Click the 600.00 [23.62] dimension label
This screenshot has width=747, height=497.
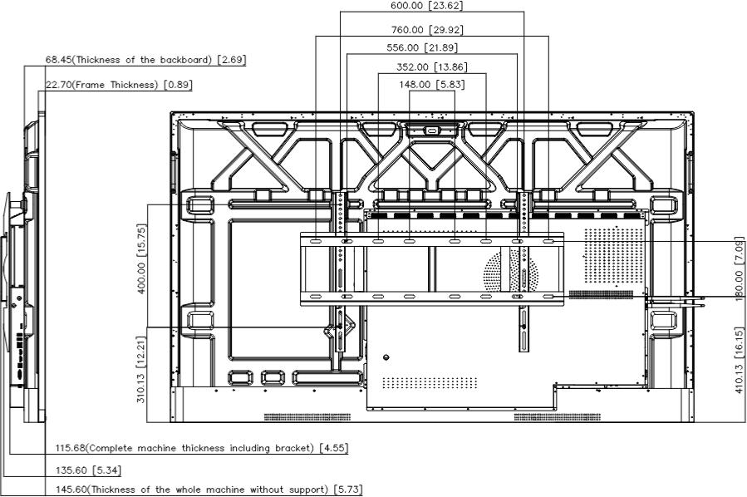tap(426, 6)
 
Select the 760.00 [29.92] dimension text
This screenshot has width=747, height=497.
tap(427, 30)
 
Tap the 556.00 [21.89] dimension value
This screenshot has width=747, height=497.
tap(422, 47)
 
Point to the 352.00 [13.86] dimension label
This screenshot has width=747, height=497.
tap(431, 66)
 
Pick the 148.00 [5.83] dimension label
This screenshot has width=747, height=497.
tap(431, 84)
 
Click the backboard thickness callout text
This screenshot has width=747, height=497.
tap(145, 60)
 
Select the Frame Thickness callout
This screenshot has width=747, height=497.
tap(119, 85)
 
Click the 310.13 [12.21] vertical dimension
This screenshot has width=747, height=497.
tap(141, 370)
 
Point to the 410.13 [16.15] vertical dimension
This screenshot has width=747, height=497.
tap(739, 360)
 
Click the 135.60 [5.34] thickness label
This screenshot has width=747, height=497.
tap(88, 470)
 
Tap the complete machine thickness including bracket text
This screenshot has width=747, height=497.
tap(202, 448)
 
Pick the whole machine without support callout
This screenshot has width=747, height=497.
tap(209, 490)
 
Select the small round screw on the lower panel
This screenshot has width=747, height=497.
tap(386, 357)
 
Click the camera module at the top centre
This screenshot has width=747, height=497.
tap(432, 130)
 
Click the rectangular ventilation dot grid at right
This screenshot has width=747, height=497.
tap(614, 255)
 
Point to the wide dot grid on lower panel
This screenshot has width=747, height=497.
tap(430, 382)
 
